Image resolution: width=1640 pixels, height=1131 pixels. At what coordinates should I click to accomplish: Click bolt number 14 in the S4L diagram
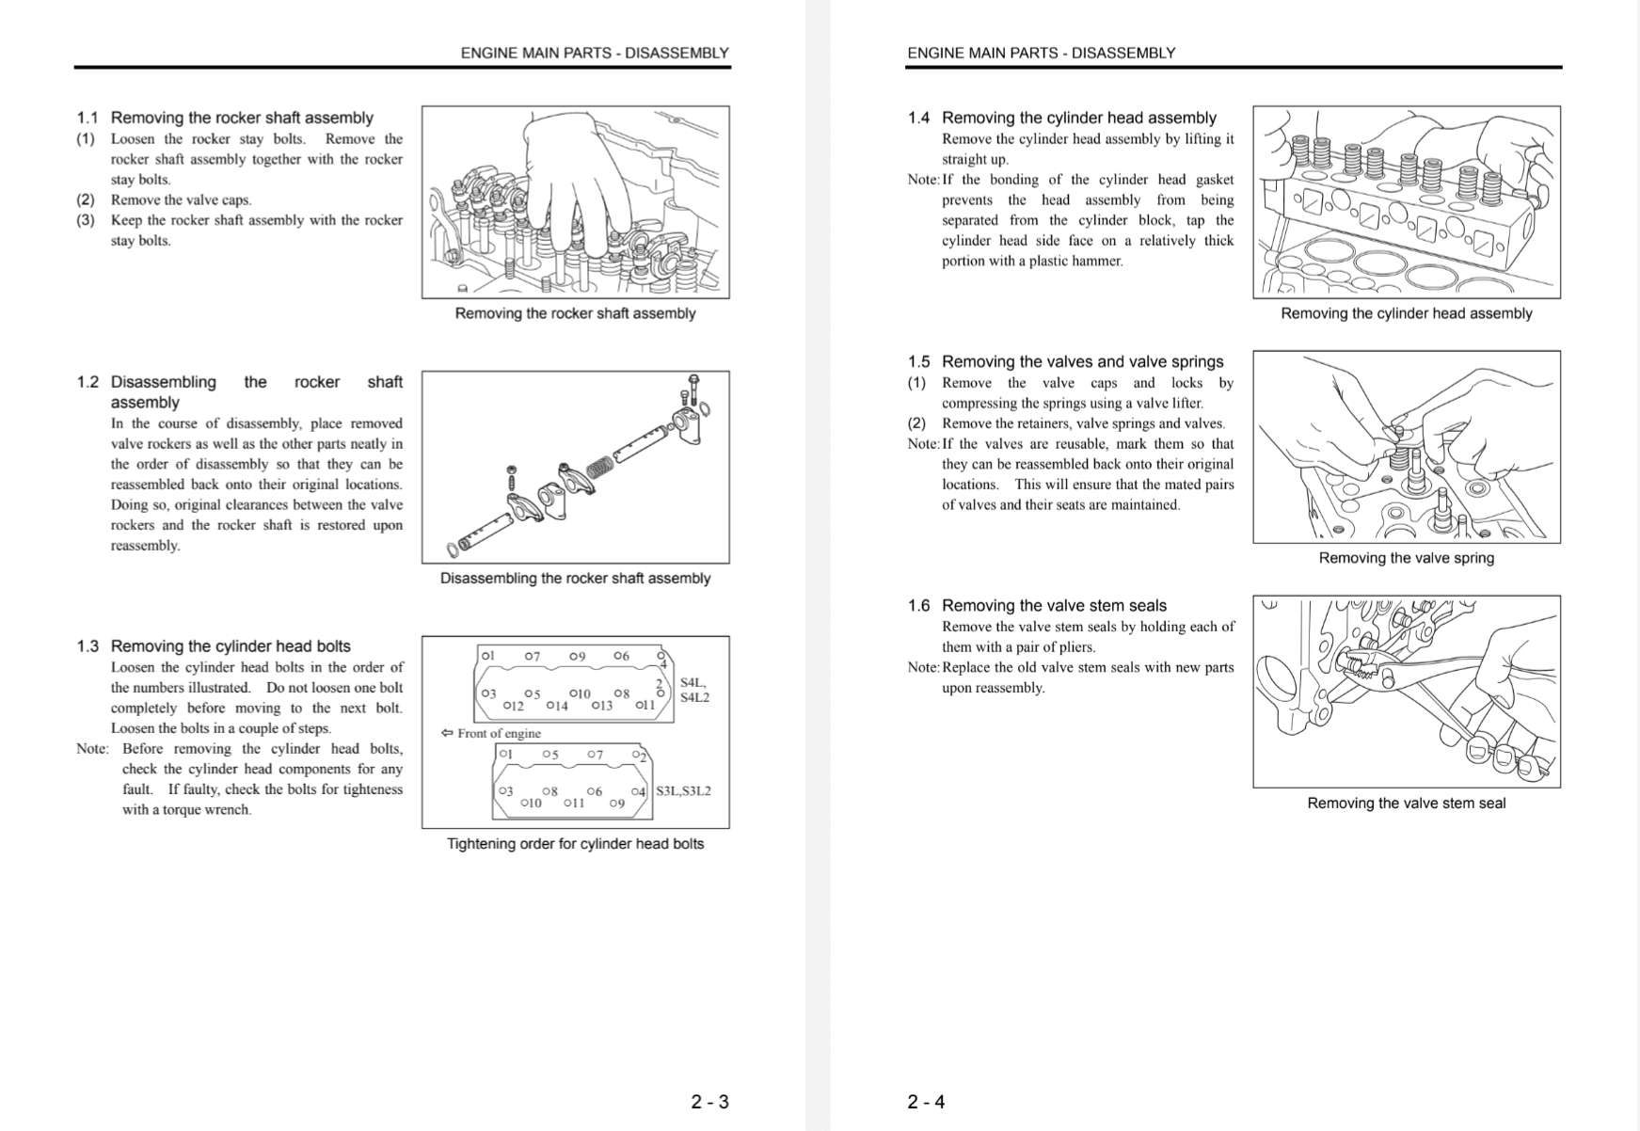point(557,706)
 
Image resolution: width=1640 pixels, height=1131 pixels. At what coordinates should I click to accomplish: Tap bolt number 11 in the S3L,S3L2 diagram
point(574,803)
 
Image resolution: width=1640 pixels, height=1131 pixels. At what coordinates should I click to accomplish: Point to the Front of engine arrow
point(447,733)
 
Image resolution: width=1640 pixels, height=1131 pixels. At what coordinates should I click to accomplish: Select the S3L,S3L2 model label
point(683,790)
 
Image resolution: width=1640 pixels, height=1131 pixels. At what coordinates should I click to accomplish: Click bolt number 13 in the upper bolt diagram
point(601,706)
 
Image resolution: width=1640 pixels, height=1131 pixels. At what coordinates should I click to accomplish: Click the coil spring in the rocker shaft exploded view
point(599,465)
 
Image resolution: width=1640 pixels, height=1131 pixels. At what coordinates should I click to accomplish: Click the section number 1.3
point(88,646)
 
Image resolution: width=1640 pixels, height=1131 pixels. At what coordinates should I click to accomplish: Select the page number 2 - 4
point(926,1102)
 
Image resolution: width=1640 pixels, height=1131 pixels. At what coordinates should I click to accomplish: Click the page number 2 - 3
point(709,1102)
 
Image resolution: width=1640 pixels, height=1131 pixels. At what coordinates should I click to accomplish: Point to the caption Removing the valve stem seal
point(1406,803)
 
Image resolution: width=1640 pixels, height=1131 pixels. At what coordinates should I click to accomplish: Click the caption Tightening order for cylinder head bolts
point(575,844)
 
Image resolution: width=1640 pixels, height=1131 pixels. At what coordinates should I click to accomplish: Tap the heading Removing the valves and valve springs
point(1082,361)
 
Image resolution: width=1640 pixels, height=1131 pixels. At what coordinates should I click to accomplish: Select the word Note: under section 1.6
point(923,667)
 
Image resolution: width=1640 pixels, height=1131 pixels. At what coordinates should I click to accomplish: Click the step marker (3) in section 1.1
point(86,220)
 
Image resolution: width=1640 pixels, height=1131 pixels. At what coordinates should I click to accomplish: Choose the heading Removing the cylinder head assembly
point(1078,118)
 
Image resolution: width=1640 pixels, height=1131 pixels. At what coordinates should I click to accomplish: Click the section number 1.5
point(918,361)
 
